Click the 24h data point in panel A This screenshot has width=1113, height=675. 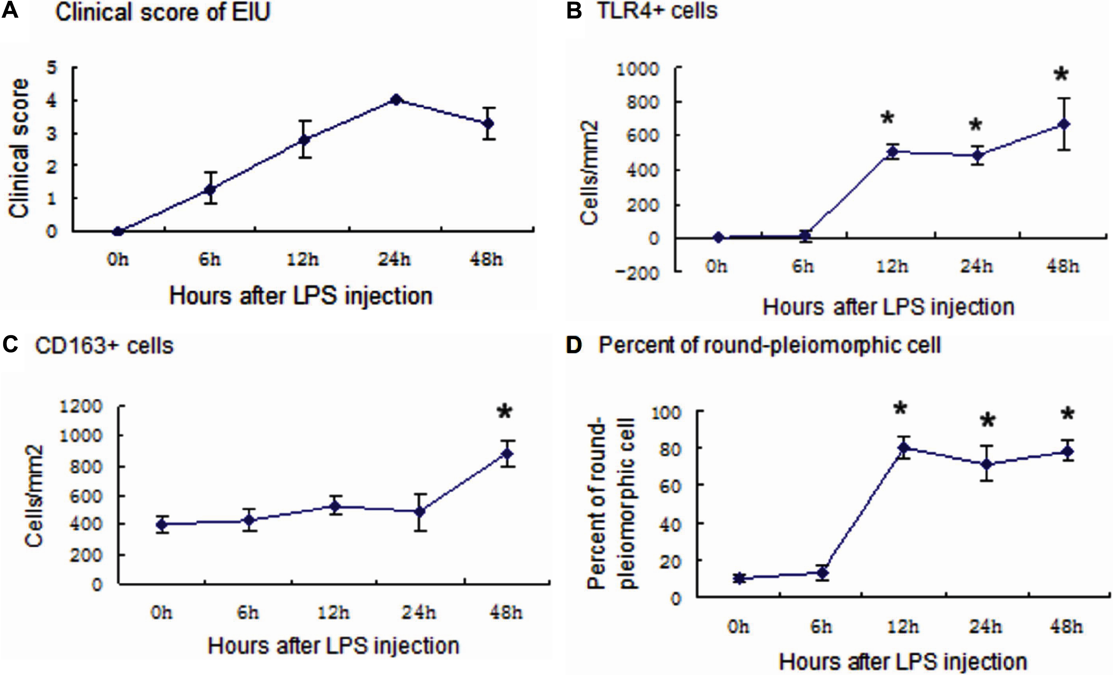pyautogui.click(x=396, y=100)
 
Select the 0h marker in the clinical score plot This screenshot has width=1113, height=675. pyautogui.click(x=118, y=232)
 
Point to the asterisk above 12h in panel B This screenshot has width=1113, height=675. pyautogui.click(x=887, y=119)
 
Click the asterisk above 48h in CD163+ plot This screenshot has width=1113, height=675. pyautogui.click(x=504, y=412)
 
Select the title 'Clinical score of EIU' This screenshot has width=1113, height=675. pyautogui.click(x=163, y=12)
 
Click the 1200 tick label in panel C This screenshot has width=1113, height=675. pyautogui.click(x=81, y=407)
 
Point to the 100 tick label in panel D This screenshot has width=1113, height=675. pyautogui.click(x=665, y=412)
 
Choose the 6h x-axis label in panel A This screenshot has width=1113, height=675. pyautogui.click(x=210, y=260)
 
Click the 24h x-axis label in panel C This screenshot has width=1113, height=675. pyautogui.click(x=419, y=613)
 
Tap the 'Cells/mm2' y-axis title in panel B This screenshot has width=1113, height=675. pyautogui.click(x=590, y=173)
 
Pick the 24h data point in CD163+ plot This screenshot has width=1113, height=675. pyautogui.click(x=420, y=512)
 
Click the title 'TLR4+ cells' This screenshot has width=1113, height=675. pyautogui.click(x=658, y=10)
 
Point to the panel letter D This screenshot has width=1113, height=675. pyautogui.click(x=574, y=345)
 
